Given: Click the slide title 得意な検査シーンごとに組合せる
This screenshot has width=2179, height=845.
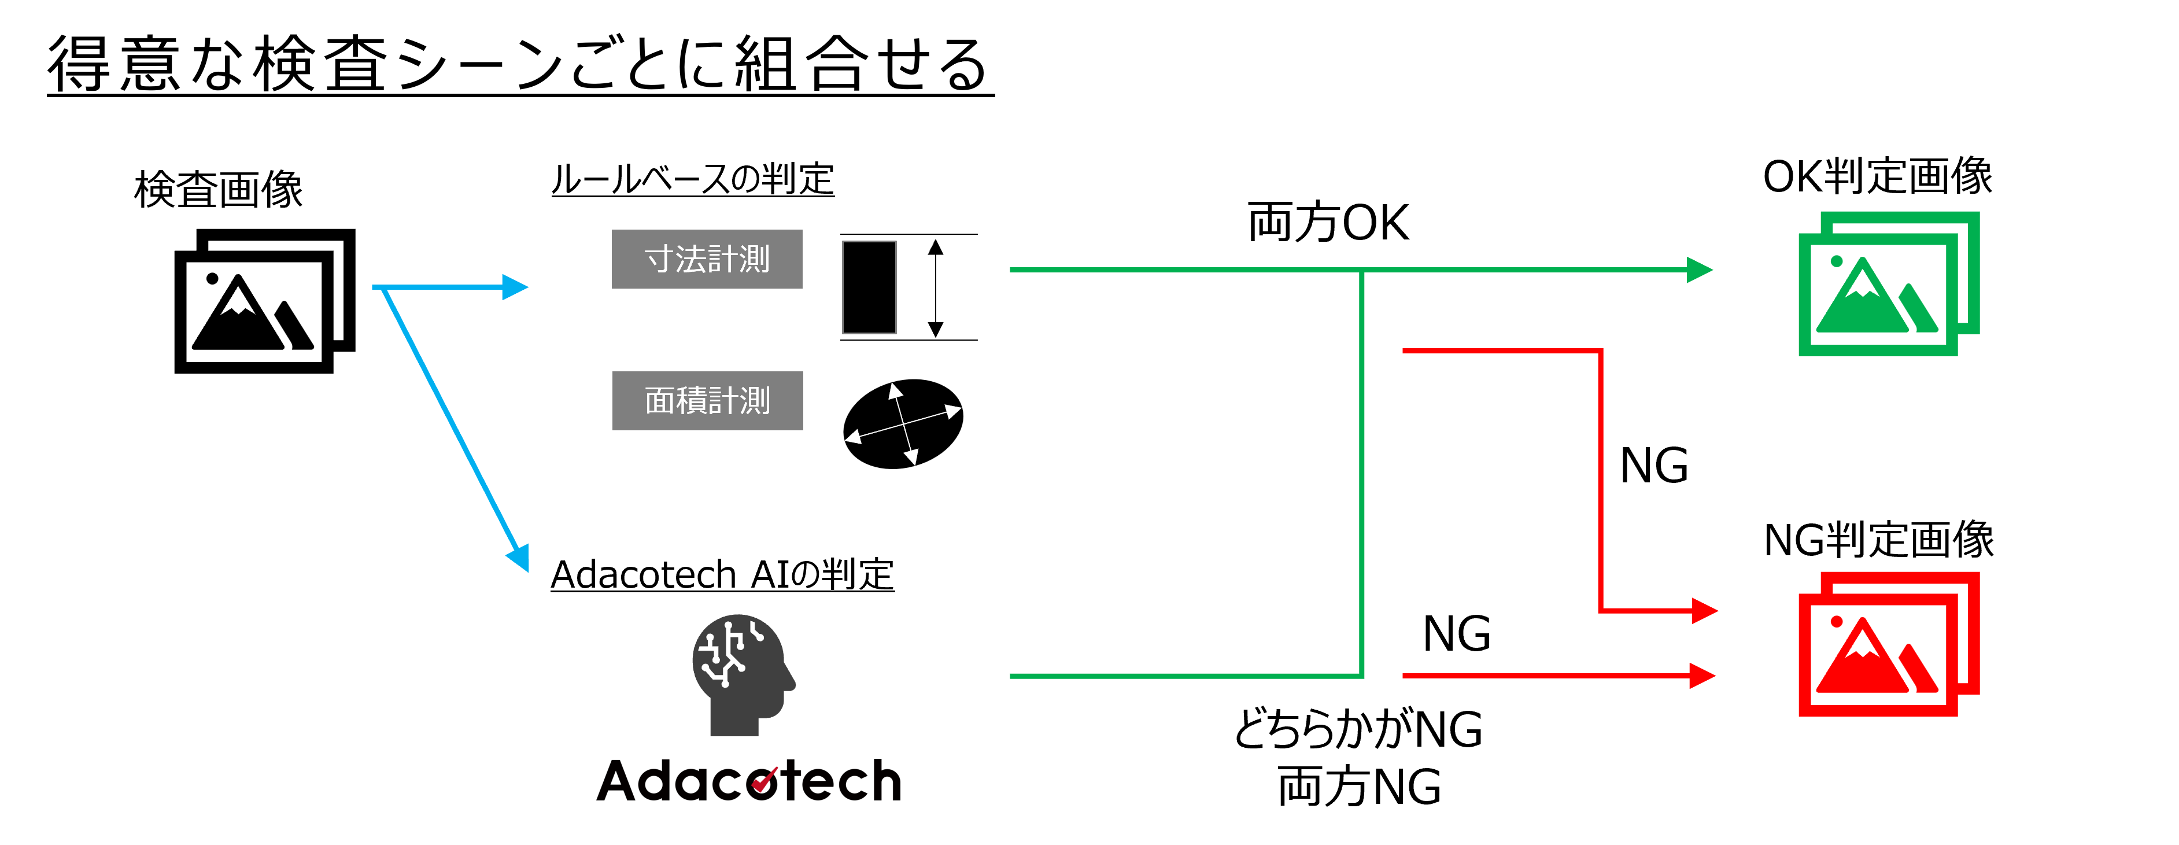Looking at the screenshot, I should [519, 64].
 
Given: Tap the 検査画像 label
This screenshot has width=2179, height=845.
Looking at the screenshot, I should [218, 189].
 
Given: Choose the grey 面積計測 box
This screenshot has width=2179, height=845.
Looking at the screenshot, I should [707, 400].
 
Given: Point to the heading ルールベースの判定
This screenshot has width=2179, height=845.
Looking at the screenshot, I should [692, 179].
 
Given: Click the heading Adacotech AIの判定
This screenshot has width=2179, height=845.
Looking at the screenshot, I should [722, 574].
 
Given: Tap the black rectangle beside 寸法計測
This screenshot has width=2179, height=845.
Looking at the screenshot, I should [869, 287].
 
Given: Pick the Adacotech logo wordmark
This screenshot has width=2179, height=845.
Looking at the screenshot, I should [749, 780].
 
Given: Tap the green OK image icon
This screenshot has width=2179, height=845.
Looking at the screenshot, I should [1888, 284].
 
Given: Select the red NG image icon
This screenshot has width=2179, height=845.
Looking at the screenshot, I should [1888, 644].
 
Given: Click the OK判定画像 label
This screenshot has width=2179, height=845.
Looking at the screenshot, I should [1877, 176].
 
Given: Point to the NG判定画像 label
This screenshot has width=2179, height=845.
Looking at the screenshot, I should [1878, 540].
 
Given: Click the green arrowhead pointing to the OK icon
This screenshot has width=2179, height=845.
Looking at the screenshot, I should [1698, 270].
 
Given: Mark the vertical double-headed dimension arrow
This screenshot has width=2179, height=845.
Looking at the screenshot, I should [935, 287].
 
